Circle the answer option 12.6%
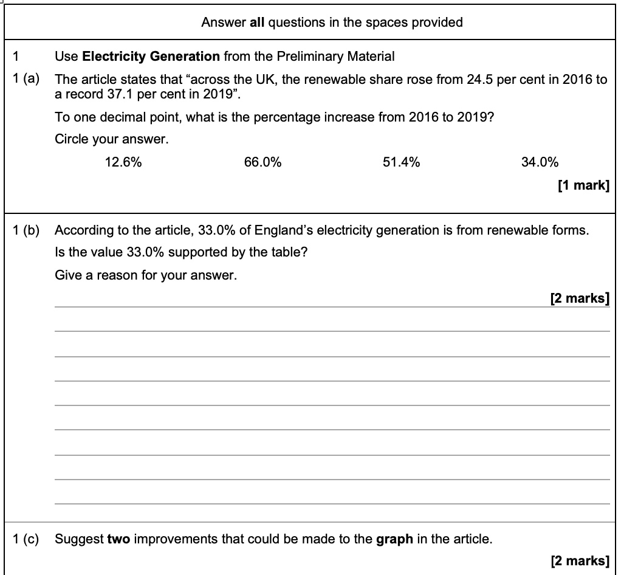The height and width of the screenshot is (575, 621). [123, 162]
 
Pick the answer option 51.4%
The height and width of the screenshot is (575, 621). [401, 162]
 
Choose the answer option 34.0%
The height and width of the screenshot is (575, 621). [540, 162]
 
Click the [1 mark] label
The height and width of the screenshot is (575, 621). [583, 185]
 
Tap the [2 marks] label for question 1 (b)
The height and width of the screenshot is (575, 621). [579, 298]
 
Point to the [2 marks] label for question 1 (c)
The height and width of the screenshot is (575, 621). [579, 560]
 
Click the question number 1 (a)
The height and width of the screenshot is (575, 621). [26, 80]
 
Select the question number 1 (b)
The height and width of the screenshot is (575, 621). [26, 230]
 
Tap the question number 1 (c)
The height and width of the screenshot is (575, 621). [26, 539]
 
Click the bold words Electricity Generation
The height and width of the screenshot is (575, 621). [151, 57]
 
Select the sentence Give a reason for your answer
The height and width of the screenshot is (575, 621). [146, 275]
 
